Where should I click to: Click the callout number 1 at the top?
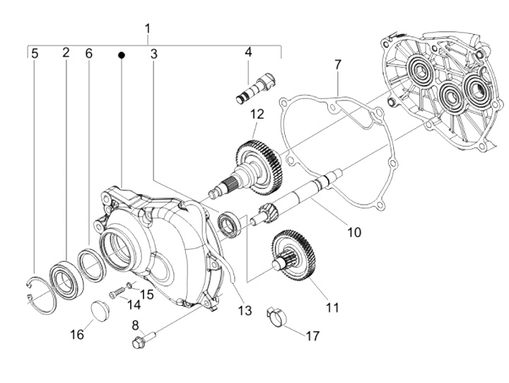coord(147,29)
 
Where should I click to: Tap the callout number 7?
coord(338,64)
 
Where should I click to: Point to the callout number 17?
coord(313,337)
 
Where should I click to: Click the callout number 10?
coord(353,231)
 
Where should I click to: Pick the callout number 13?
coord(245,309)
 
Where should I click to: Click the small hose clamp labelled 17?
coord(276,316)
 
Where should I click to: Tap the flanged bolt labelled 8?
coord(140,341)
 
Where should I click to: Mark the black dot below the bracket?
coord(122,55)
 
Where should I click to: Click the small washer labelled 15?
coord(129,285)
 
